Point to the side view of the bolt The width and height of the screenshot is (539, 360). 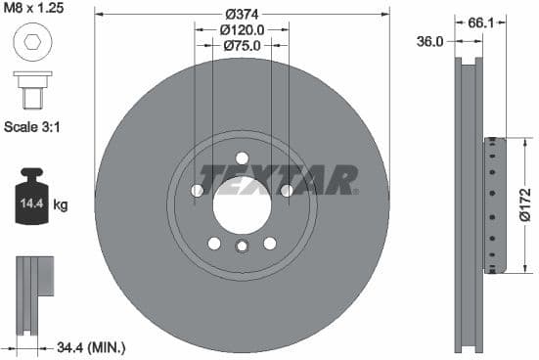30,89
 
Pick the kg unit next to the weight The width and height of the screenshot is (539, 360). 61,205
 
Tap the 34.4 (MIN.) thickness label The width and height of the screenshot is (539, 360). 91,346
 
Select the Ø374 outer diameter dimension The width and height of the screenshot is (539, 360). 241,14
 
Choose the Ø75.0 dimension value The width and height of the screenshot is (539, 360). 241,46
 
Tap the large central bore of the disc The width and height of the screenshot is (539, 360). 241,204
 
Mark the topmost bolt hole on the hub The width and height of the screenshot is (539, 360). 242,157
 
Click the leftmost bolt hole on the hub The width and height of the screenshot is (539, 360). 196,191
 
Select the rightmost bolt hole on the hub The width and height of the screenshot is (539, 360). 287,191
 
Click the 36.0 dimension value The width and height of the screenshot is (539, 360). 430,42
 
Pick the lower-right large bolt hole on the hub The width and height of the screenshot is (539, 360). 269,244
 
